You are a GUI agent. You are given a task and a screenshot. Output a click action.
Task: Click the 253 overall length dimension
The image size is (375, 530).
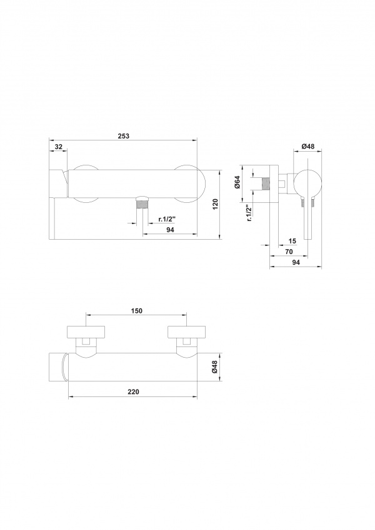tap(124, 136)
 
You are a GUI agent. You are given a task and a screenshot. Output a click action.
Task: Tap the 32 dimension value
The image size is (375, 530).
tap(59, 147)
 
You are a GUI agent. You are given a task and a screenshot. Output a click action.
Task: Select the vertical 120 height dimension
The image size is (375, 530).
tap(215, 205)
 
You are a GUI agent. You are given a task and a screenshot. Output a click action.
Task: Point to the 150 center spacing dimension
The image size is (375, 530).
tap(136, 311)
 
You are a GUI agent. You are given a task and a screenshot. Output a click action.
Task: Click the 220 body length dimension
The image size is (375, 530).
tap(133, 392)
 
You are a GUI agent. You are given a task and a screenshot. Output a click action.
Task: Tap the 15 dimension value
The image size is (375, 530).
tap(292, 241)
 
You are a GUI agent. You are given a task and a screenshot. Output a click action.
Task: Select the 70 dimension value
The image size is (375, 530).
tap(289, 252)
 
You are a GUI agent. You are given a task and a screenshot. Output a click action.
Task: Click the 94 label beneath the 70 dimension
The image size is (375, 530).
tap(296, 262)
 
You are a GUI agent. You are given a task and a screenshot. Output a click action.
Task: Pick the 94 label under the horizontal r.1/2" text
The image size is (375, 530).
tap(170, 230)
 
